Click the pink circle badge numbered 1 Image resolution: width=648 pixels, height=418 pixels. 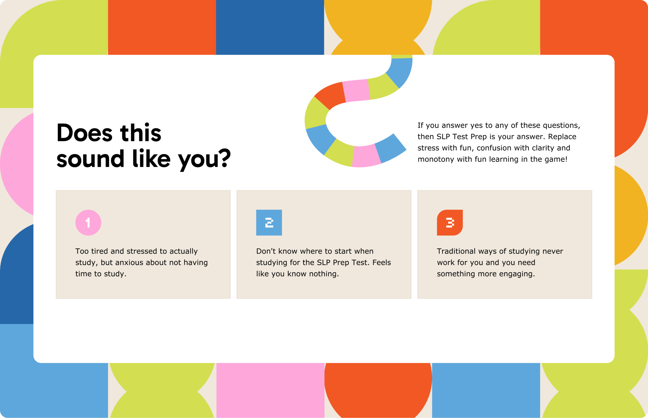coord(88,223)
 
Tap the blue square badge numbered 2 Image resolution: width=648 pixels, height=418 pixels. coord(269,223)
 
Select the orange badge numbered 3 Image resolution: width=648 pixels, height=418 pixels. coord(450,223)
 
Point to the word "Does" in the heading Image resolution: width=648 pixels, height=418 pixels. coord(84,132)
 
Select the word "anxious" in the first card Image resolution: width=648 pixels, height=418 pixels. coord(129,263)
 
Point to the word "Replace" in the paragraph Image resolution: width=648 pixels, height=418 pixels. coord(562,137)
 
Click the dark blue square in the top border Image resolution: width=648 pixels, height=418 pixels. coord(270,27)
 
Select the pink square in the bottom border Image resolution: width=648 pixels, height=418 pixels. coord(270,390)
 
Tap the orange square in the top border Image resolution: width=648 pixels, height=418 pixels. coord(162,27)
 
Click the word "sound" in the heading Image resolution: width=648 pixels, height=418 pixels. coord(90,158)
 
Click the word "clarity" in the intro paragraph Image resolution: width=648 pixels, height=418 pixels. coord(539,148)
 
